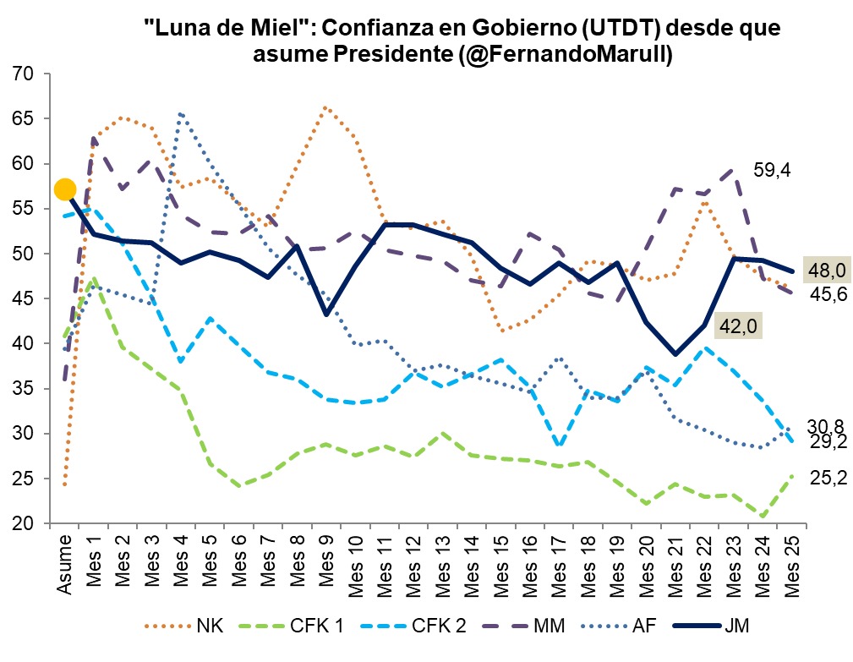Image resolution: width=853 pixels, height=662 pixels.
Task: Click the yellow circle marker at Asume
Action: click(x=65, y=189)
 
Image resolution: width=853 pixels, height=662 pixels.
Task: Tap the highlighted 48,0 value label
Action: click(x=827, y=271)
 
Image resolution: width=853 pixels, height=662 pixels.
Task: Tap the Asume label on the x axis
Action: click(x=64, y=567)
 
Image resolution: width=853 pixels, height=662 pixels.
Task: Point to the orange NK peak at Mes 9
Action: click(x=325, y=107)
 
